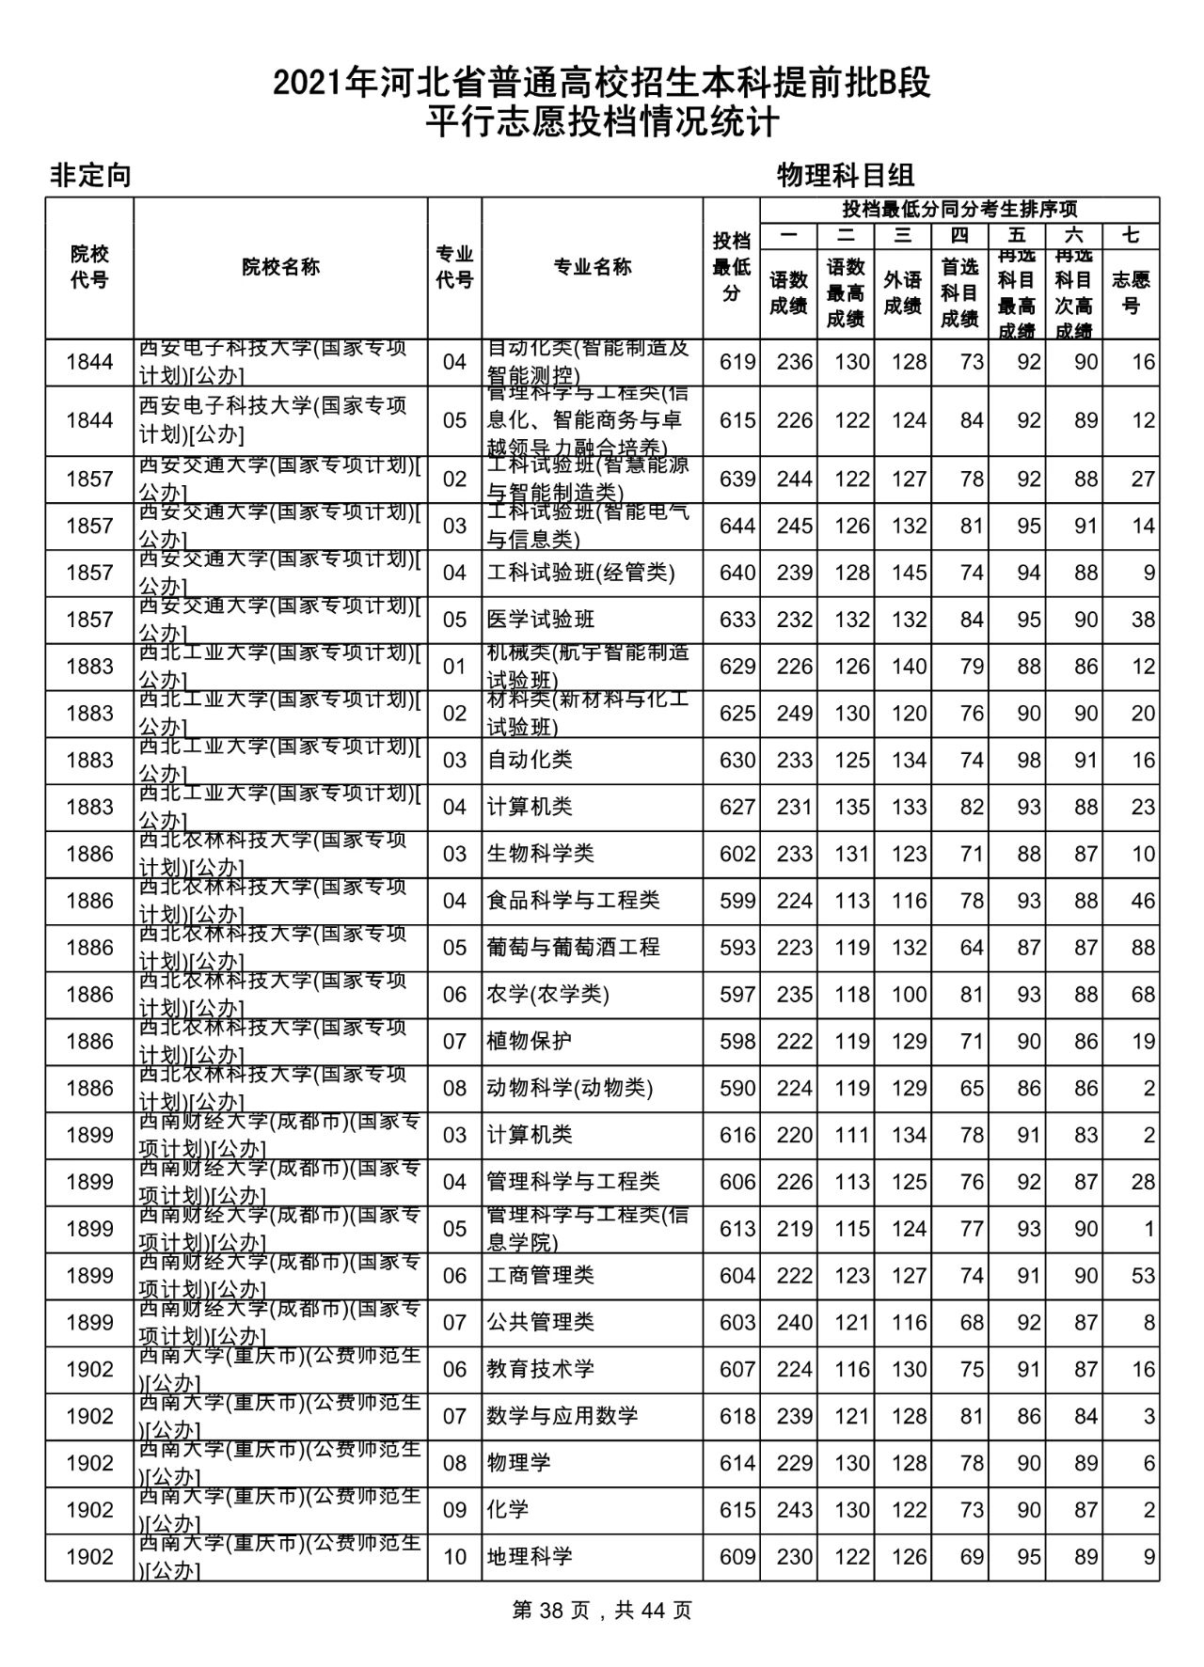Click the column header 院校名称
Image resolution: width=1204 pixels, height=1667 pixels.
[280, 267]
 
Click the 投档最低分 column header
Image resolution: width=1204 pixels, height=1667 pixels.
[731, 267]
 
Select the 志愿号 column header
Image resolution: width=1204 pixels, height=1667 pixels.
[1131, 292]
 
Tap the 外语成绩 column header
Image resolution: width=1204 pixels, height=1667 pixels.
[902, 292]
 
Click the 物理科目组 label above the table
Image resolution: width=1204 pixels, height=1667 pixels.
[846, 175]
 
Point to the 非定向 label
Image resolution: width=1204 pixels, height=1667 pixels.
[90, 175]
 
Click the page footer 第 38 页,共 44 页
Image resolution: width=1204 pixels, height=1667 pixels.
[602, 1610]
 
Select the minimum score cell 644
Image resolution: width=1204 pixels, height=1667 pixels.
[737, 526]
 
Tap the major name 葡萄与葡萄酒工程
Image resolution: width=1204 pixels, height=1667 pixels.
[573, 947]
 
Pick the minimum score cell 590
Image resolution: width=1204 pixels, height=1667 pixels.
[737, 1088]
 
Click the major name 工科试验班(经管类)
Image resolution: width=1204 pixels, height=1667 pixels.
[580, 573]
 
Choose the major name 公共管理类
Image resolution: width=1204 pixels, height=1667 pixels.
[540, 1322]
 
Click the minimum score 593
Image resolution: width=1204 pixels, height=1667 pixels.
[737, 947]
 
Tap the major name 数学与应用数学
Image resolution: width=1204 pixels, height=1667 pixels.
[562, 1416]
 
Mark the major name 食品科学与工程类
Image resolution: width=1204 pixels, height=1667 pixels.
[573, 901]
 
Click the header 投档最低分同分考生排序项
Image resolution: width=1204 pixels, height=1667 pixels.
[959, 210]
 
